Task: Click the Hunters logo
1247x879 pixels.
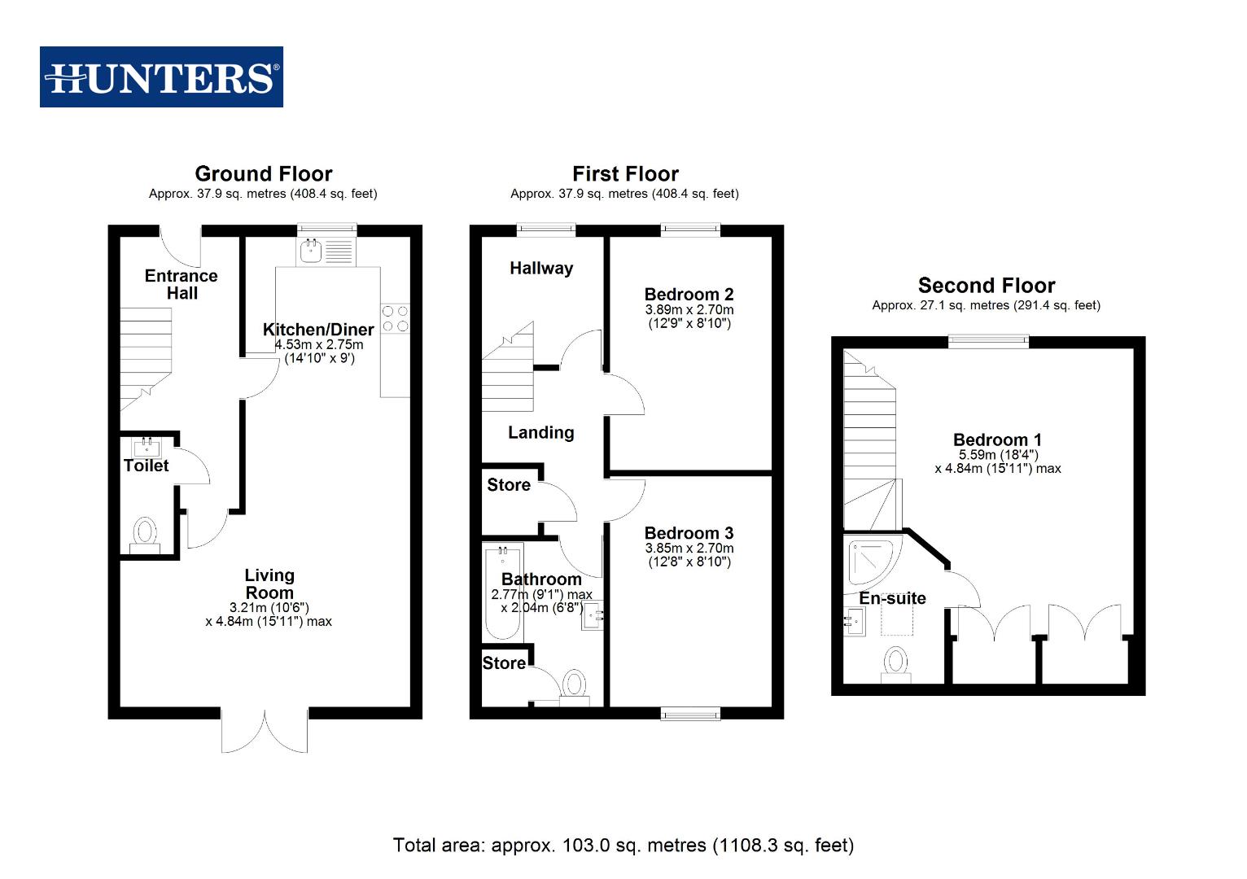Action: coord(161,77)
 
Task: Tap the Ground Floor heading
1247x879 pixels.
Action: coord(263,174)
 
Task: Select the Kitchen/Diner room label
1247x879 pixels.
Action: coord(318,330)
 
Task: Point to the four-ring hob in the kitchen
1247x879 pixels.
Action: coord(395,318)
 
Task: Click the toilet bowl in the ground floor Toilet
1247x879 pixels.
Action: coord(145,533)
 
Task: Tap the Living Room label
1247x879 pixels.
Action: coord(269,584)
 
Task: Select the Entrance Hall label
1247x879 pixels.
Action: coord(182,284)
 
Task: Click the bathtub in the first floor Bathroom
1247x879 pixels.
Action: coord(502,593)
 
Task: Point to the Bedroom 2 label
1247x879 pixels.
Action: coord(689,295)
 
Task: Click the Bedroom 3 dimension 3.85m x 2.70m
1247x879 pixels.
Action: coord(689,549)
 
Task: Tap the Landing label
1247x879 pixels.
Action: coord(540,433)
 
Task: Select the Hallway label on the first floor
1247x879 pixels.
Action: coord(541,269)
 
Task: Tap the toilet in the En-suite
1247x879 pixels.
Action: coord(895,664)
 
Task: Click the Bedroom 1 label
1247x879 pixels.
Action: coord(997,440)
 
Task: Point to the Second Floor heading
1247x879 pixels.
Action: coord(986,286)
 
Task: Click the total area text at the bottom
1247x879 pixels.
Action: coord(623,846)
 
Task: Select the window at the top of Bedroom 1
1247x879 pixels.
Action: coord(988,342)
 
